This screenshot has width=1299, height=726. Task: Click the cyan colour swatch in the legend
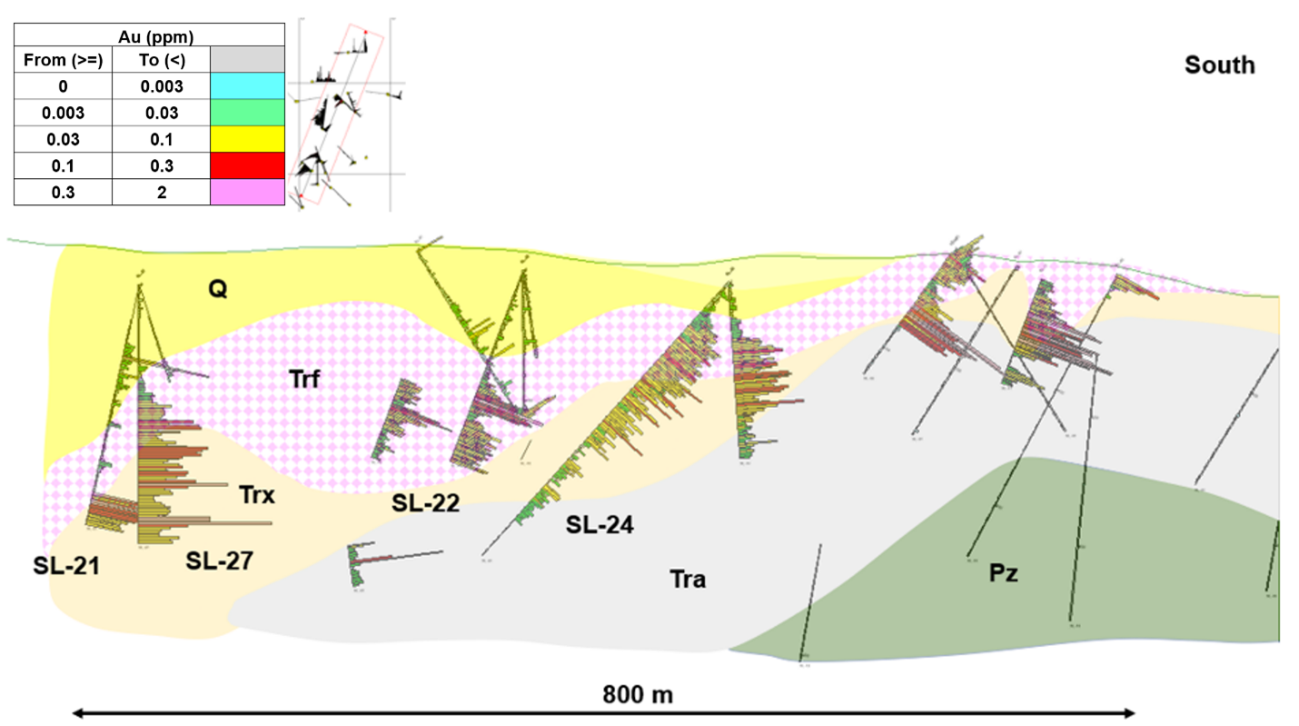247,87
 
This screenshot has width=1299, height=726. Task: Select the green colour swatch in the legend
247,114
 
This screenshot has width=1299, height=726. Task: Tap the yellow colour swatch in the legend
247,140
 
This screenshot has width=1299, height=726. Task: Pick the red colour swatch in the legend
247,166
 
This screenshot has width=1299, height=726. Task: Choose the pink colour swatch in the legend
247,193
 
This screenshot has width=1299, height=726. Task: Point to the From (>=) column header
63,61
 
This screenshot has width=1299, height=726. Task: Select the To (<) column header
161,61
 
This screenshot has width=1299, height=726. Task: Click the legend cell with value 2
161,193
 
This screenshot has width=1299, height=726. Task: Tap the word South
1219,65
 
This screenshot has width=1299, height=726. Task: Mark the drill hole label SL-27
219,562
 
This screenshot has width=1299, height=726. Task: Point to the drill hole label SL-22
426,503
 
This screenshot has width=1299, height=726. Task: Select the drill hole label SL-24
600,524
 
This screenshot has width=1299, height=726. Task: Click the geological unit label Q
218,290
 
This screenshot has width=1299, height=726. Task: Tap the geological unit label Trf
306,379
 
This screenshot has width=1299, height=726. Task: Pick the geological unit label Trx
257,495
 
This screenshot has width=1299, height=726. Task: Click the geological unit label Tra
688,578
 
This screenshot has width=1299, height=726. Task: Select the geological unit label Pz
1004,573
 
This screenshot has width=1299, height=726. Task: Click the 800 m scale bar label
638,695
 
